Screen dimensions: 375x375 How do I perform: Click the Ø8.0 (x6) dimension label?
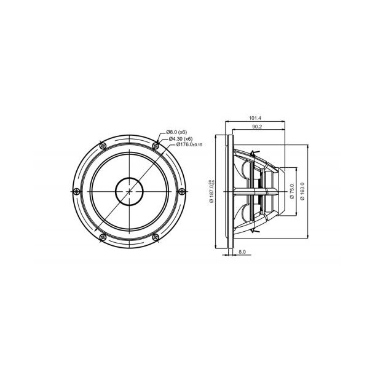(x=176, y=132)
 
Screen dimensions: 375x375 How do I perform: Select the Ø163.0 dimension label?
(x=301, y=192)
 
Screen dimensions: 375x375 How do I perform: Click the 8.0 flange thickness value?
(x=242, y=252)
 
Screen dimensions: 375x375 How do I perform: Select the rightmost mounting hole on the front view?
(x=183, y=191)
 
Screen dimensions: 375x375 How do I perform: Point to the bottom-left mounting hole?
(x=102, y=238)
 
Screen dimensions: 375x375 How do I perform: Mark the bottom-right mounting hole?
(x=156, y=238)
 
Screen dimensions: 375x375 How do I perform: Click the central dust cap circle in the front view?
(x=129, y=191)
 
